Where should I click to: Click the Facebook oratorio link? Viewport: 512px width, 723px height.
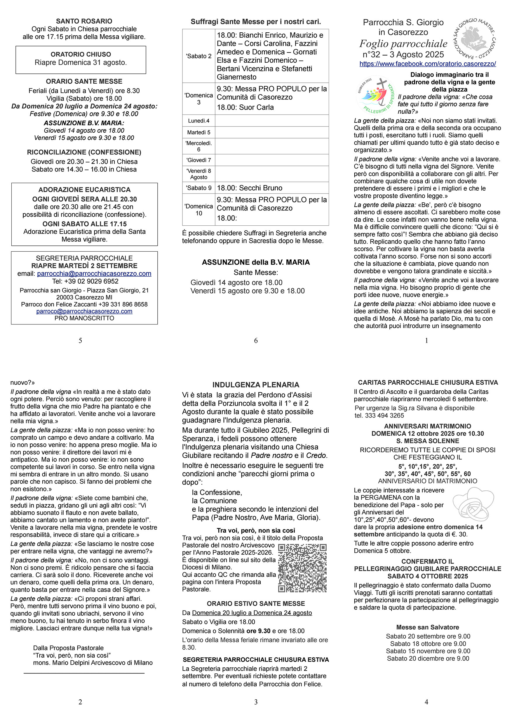point(428,64)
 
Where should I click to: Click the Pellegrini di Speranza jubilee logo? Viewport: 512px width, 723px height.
point(375,95)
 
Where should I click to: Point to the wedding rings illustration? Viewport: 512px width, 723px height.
point(473,504)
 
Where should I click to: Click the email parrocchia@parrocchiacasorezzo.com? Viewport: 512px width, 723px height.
point(94,273)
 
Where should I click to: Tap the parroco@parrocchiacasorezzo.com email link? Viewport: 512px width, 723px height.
point(84,311)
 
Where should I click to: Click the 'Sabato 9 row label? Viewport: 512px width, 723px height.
point(198,188)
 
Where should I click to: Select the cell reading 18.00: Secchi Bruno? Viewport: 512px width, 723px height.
point(249,188)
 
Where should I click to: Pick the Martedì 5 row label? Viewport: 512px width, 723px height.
point(198,132)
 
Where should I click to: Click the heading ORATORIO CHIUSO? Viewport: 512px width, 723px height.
point(81,54)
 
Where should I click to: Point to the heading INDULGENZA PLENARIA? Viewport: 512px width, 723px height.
point(256,385)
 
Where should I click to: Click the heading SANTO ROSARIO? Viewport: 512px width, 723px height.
point(84,21)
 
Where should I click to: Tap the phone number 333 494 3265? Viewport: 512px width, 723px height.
point(379,415)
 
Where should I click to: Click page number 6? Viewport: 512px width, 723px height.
point(256,341)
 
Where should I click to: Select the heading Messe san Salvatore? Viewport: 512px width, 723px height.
point(428,627)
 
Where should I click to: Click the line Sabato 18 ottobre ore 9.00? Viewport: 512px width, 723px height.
point(428,644)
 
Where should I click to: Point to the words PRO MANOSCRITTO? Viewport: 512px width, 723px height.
point(84,318)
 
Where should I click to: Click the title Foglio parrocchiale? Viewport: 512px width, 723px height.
point(403,44)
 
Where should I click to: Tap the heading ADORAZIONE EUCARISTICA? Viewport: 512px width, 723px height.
point(84,189)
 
